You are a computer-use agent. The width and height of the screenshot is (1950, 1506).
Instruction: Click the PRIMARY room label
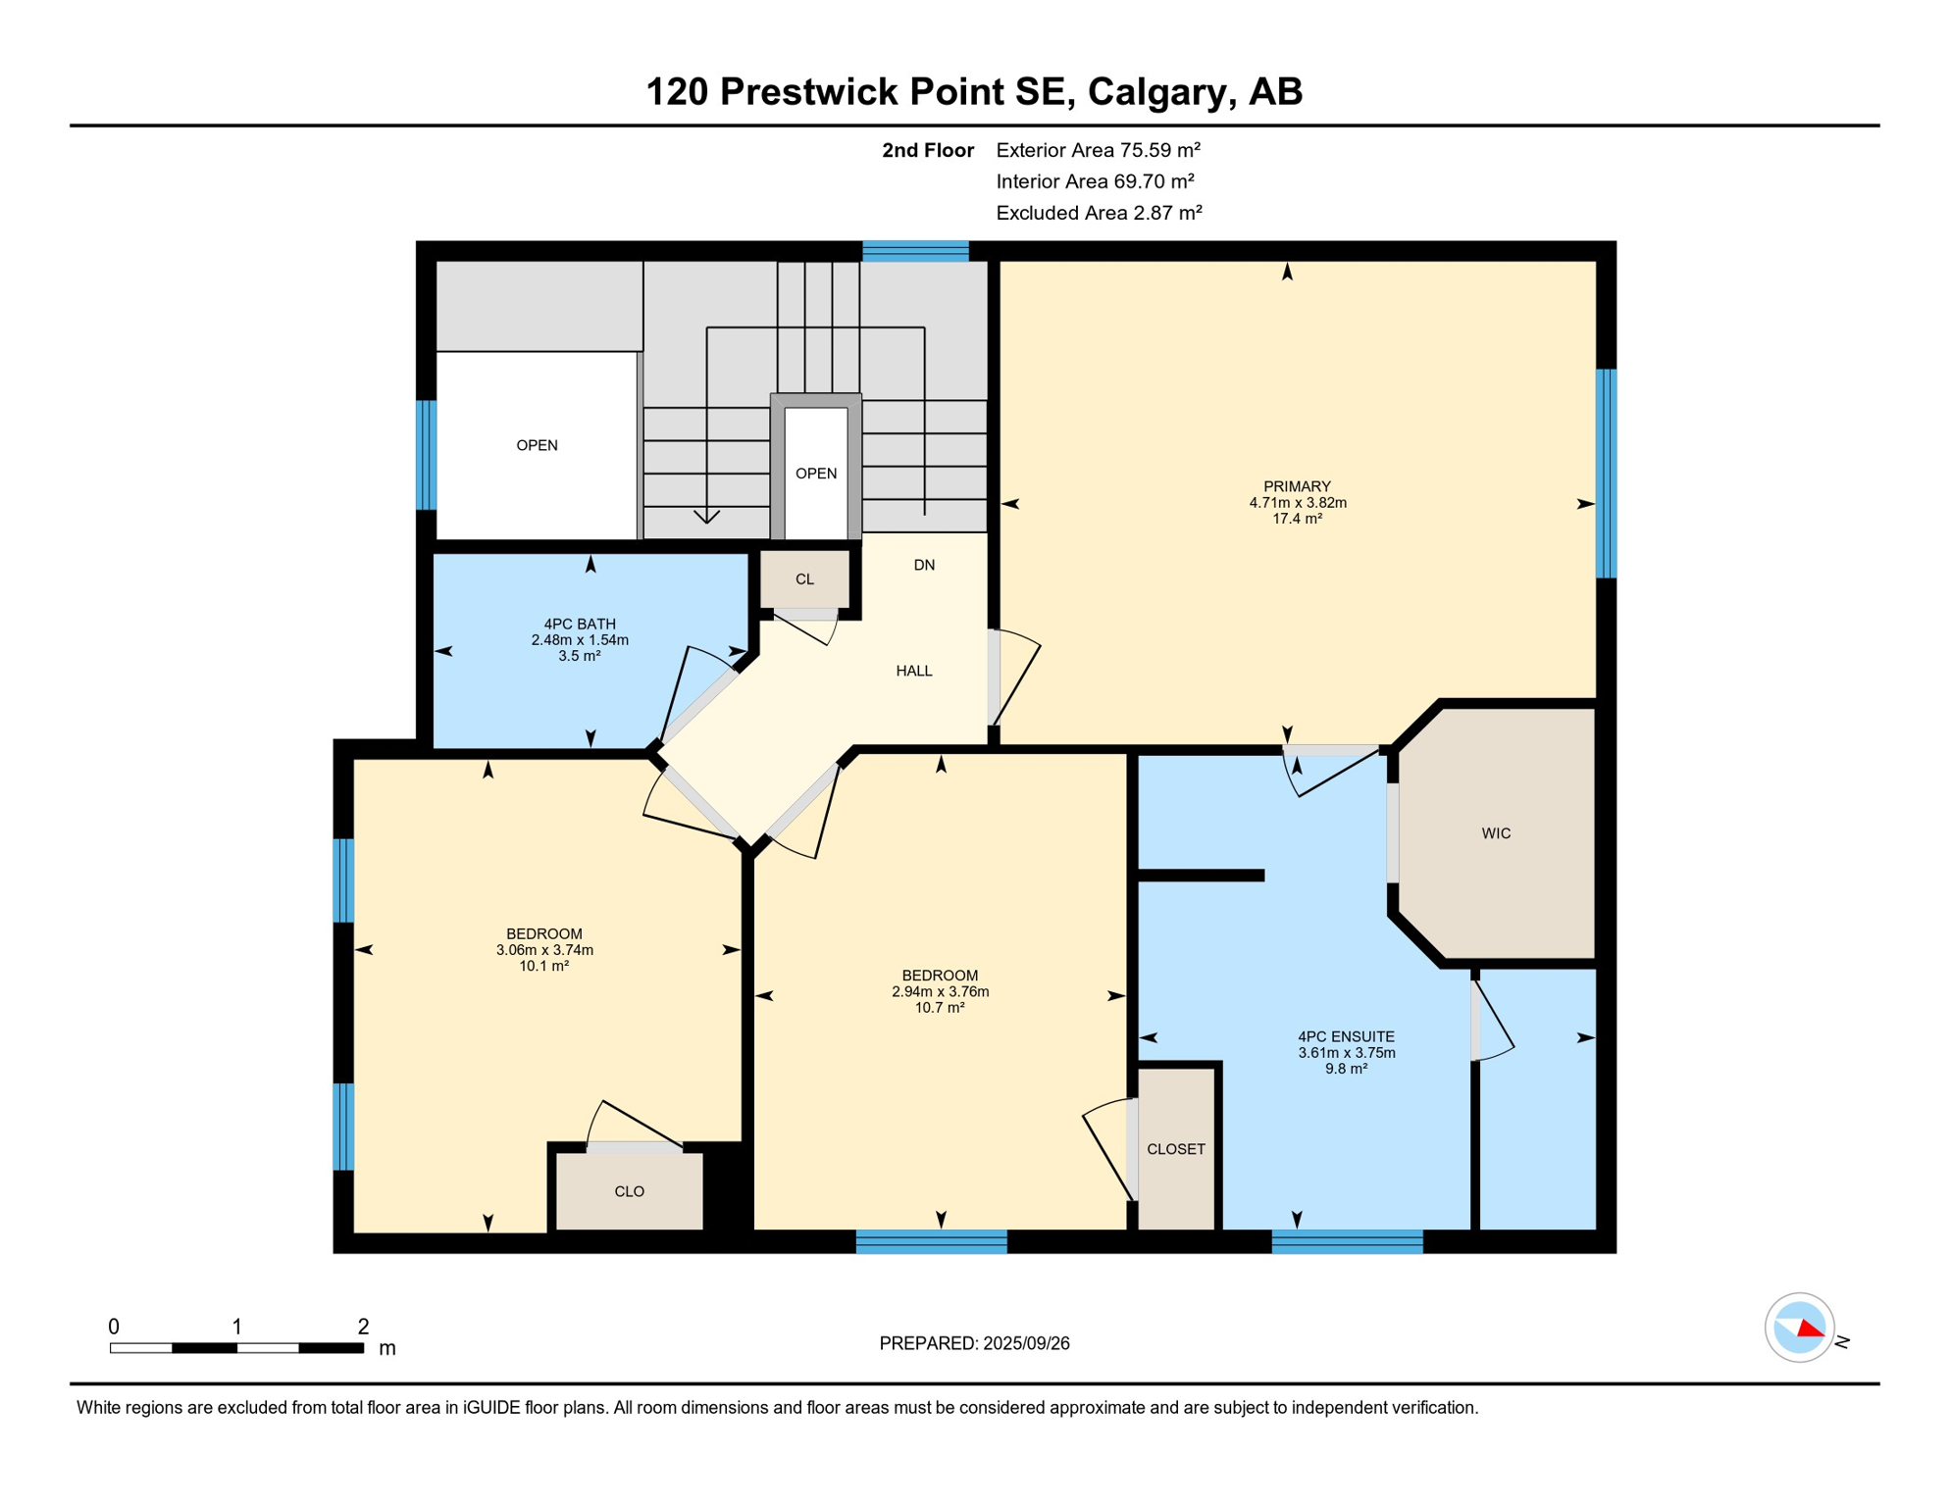1297,486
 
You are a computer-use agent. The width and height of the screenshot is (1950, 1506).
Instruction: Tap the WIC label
1496,833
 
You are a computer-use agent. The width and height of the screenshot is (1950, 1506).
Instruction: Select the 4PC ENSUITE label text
1346,1036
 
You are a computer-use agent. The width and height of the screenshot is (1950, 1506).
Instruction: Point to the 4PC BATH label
580,624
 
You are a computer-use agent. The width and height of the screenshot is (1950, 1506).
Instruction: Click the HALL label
914,671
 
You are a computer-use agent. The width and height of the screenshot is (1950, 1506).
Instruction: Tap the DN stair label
924,565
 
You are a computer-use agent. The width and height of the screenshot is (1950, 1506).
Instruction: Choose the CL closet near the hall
804,579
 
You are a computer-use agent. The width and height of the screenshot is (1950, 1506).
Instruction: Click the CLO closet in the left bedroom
630,1191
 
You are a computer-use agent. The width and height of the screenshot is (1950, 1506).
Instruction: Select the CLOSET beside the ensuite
1176,1149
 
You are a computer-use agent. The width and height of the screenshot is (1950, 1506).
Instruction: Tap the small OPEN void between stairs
816,474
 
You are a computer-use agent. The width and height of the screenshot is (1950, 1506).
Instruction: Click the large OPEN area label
538,445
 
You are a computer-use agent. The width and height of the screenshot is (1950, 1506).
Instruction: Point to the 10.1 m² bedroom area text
544,966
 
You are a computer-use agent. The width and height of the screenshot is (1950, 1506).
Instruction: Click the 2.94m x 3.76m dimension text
940,991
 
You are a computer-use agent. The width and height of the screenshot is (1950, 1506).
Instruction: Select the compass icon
1799,1328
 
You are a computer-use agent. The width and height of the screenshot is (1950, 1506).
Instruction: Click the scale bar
236,1348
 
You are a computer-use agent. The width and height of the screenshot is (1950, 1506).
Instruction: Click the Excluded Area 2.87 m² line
1099,213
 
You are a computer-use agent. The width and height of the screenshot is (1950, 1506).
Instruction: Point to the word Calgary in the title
1156,91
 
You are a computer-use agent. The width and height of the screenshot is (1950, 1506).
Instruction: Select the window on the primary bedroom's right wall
1606,473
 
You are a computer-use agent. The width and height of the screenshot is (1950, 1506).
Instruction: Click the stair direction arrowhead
706,516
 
